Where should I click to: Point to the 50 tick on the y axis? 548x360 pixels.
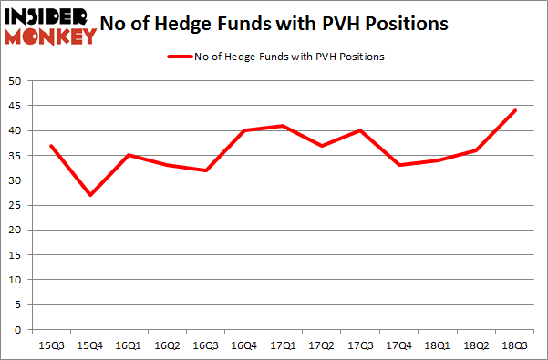16,81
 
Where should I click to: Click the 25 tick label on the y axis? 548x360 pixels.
16,205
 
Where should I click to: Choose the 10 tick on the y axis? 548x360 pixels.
16,280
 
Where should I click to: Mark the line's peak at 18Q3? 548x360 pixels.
515,110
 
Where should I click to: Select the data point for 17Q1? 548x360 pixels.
283,126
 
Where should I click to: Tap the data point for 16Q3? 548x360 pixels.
205,170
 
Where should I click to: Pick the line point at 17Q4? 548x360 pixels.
398,165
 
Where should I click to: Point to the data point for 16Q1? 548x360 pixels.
128,155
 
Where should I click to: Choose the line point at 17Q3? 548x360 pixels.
360,130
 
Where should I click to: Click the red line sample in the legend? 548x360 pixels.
179,57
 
